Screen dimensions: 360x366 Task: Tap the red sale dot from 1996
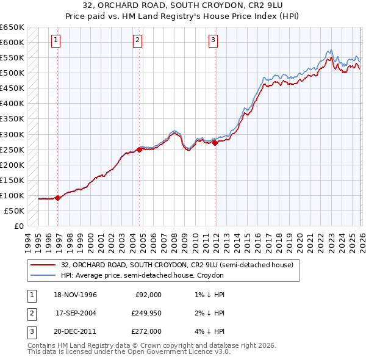point(58,198)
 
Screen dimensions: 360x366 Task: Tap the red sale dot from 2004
point(139,149)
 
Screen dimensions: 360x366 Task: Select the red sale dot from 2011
point(215,142)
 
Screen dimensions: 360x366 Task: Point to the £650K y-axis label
point(12,27)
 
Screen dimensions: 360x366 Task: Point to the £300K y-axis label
point(12,134)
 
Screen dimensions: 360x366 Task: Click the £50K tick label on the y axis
point(15,211)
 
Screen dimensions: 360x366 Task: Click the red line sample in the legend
point(43,265)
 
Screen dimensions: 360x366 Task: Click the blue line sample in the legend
point(43,275)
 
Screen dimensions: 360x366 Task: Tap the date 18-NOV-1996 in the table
point(76,295)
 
